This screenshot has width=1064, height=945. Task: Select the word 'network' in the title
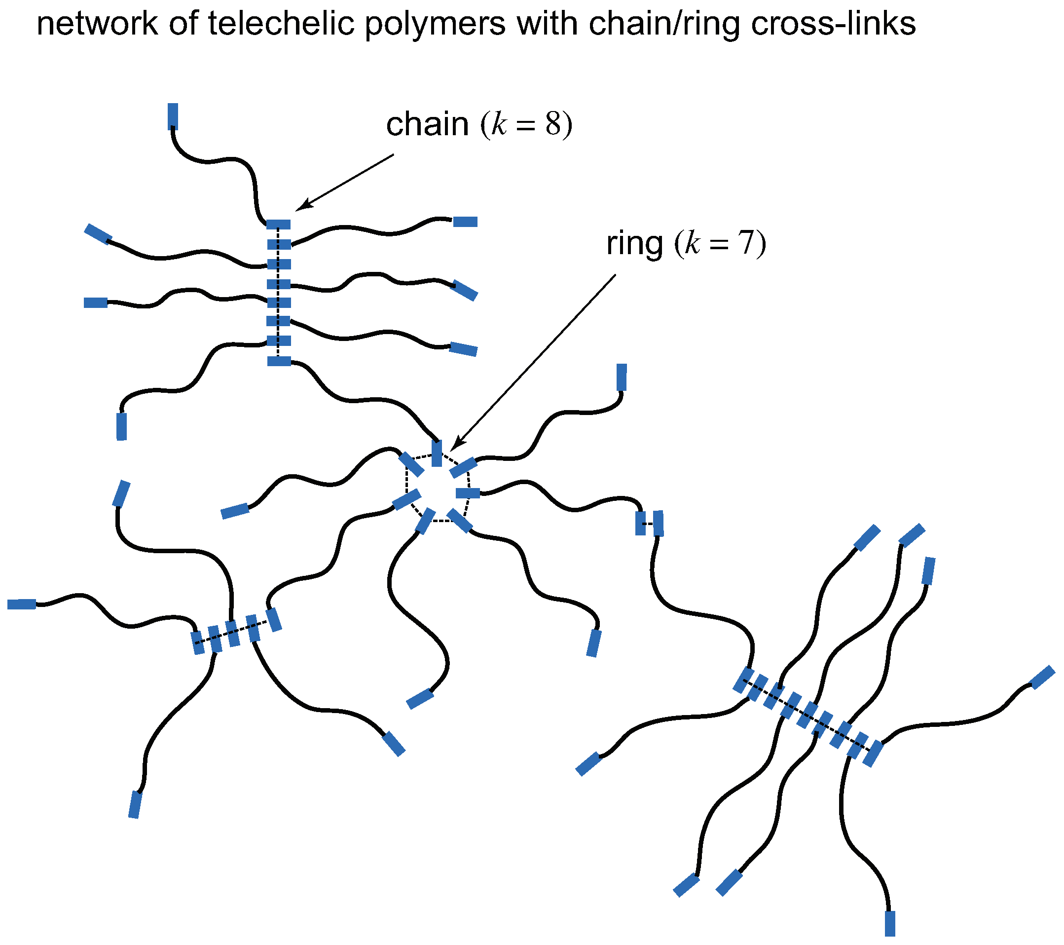[x=97, y=24]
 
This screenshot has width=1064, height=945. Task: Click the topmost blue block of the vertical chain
[x=279, y=225]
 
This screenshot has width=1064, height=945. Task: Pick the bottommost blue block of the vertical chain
[x=279, y=361]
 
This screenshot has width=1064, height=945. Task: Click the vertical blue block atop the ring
[x=437, y=453]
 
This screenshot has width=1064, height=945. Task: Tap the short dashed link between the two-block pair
[x=649, y=523]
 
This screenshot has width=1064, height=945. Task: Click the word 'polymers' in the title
[x=435, y=24]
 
